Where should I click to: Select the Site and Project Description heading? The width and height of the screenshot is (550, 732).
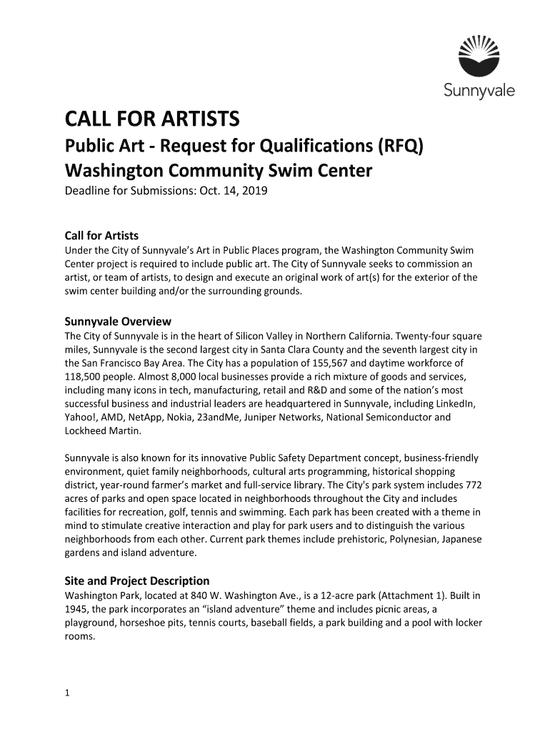click(137, 580)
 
